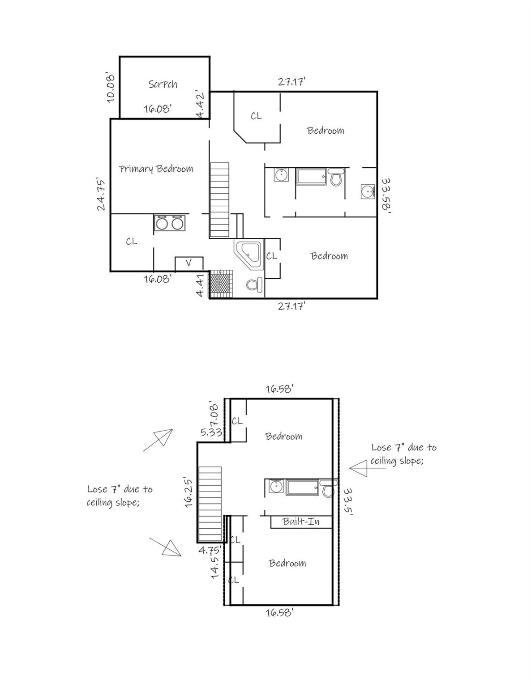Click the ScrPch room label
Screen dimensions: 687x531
coord(163,84)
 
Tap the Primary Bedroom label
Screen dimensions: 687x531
coord(156,169)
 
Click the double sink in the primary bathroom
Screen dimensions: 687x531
coord(170,223)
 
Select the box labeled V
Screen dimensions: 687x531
coord(188,263)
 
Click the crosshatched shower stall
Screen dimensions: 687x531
coord(221,283)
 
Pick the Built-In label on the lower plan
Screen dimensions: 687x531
coord(301,522)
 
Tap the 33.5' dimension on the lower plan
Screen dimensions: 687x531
coord(348,502)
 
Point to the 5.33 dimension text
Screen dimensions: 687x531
coord(211,432)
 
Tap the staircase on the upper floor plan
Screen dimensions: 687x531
coord(219,200)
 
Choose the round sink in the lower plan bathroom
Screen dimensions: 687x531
coord(276,486)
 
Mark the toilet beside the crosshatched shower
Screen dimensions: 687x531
coord(254,284)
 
